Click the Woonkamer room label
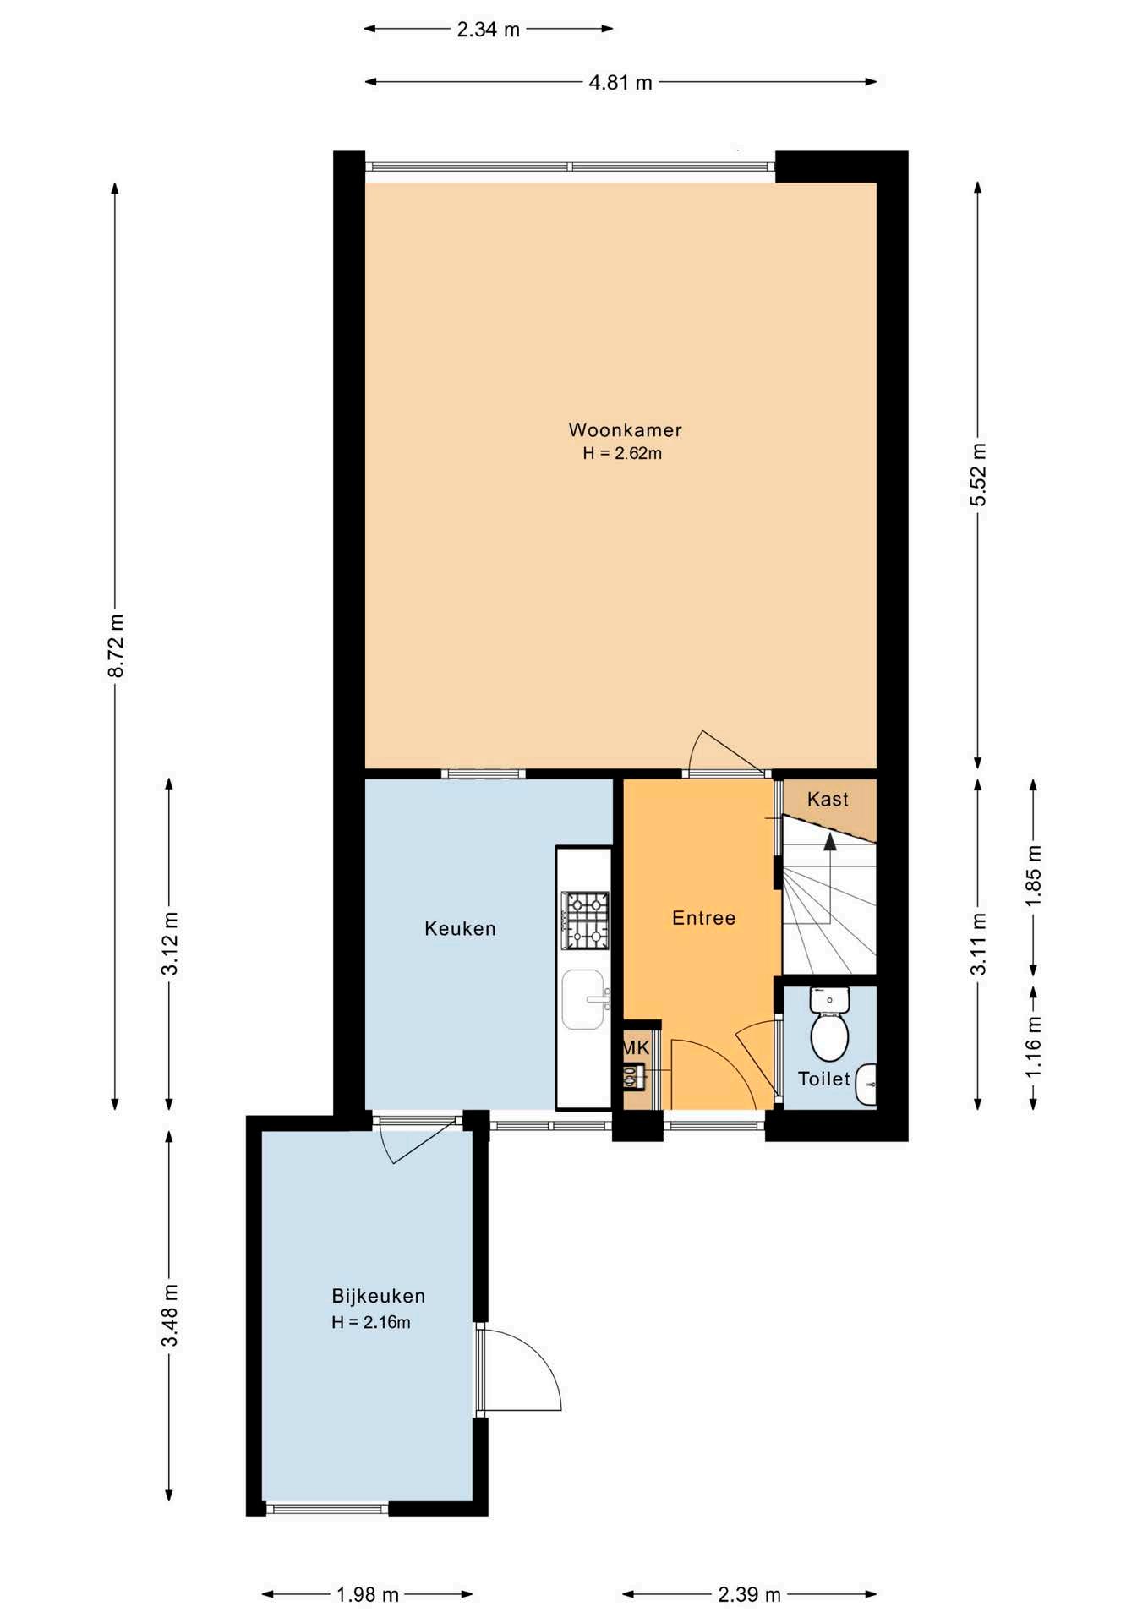click(x=625, y=429)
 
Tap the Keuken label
click(x=460, y=928)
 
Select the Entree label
click(x=703, y=918)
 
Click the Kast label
click(x=828, y=799)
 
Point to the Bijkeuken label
click(x=378, y=1296)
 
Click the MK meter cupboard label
click(x=637, y=1048)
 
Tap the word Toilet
click(x=824, y=1079)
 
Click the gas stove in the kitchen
click(x=585, y=920)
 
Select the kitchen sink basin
click(x=584, y=999)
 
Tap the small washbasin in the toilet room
click(x=866, y=1085)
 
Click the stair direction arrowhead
click(x=830, y=842)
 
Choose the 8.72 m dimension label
click(x=116, y=646)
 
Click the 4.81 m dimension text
click(x=620, y=82)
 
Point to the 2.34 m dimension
click(x=489, y=30)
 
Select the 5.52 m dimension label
click(x=978, y=474)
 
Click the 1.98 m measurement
click(x=368, y=1594)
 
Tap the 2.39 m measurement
click(x=750, y=1594)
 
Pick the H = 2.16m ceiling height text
click(x=371, y=1322)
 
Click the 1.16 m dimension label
click(x=1034, y=1046)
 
